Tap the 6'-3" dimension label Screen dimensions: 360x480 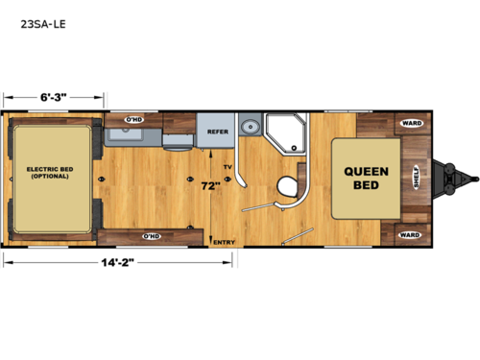(x=53, y=96)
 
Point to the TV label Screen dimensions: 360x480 (x=228, y=168)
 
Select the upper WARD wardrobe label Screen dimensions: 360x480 (x=411, y=124)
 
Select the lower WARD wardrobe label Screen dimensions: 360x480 (x=410, y=234)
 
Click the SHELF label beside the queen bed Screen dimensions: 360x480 (x=416, y=180)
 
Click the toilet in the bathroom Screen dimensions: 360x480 (x=285, y=186)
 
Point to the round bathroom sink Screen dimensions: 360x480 (x=251, y=127)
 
